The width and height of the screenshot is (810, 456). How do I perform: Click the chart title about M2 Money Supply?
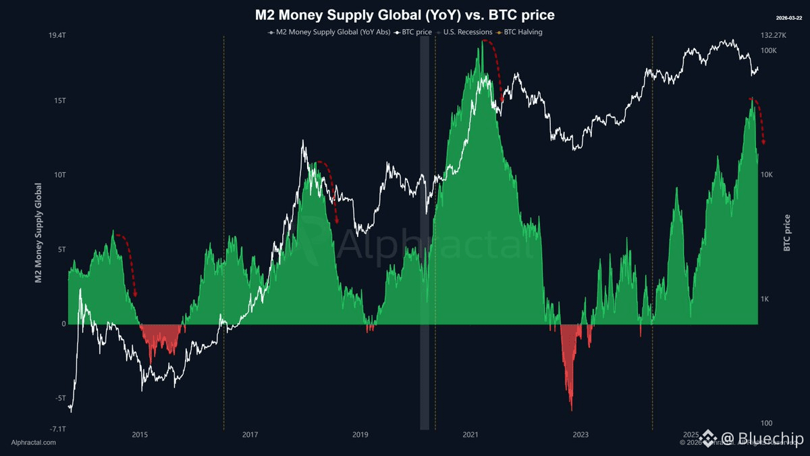click(x=404, y=14)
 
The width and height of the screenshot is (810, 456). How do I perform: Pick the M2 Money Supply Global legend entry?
click(x=331, y=32)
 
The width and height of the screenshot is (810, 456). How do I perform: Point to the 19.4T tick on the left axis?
click(x=56, y=34)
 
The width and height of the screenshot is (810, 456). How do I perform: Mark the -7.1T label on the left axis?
click(x=56, y=428)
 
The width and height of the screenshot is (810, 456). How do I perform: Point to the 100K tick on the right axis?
click(x=770, y=51)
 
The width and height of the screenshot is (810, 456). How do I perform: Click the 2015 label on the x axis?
click(x=140, y=434)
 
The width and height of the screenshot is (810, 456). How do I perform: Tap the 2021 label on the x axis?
click(x=470, y=434)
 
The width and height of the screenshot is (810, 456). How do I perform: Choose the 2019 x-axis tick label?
click(x=360, y=434)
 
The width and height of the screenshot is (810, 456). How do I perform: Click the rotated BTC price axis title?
click(x=787, y=232)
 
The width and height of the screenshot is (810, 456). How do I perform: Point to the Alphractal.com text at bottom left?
click(x=34, y=442)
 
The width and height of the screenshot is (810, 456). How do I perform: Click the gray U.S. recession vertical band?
click(x=425, y=230)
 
